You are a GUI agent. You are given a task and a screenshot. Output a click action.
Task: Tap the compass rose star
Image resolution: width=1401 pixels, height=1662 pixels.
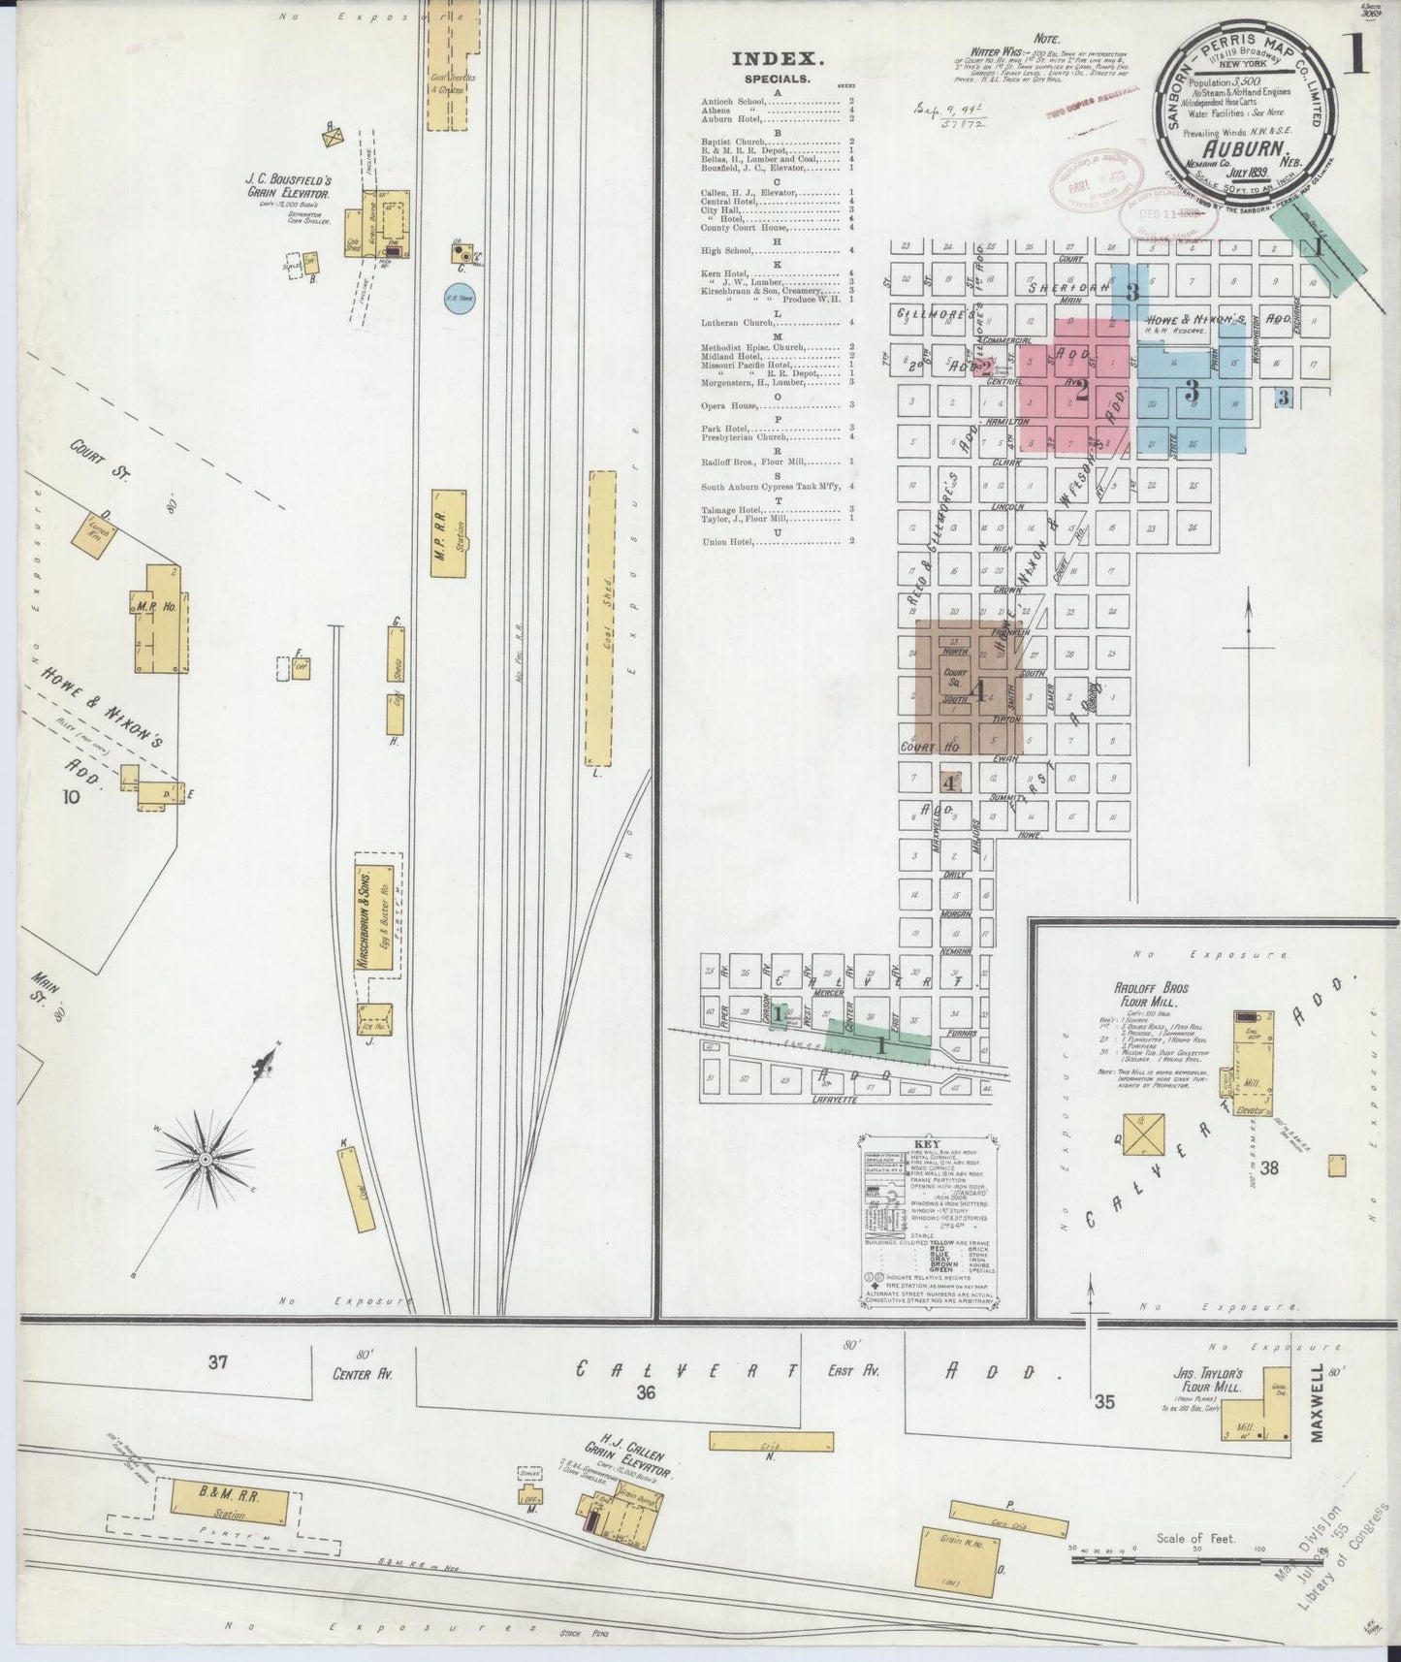point(205,1159)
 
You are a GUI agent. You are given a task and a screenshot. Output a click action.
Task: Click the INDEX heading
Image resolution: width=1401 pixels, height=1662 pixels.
point(771,58)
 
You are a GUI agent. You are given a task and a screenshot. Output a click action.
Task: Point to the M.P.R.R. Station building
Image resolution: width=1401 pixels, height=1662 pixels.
point(450,531)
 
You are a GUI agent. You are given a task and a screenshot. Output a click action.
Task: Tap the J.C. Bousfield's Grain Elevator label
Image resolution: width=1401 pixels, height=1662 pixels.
point(289,186)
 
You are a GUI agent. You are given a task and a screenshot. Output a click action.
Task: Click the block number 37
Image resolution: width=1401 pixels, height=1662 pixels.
point(217,1362)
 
